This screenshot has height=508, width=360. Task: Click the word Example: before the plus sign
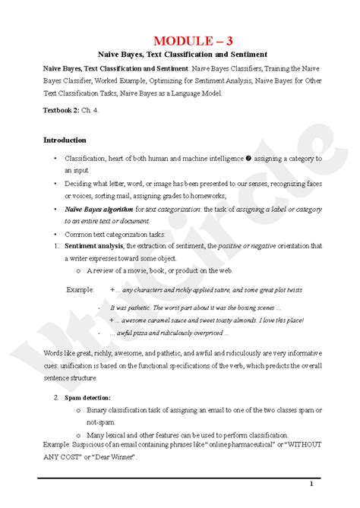coord(80,290)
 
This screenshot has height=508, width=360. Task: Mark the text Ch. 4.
coord(99,110)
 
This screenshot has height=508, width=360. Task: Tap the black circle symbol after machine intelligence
coord(248,159)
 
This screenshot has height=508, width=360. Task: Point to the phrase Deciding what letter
coord(95,184)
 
